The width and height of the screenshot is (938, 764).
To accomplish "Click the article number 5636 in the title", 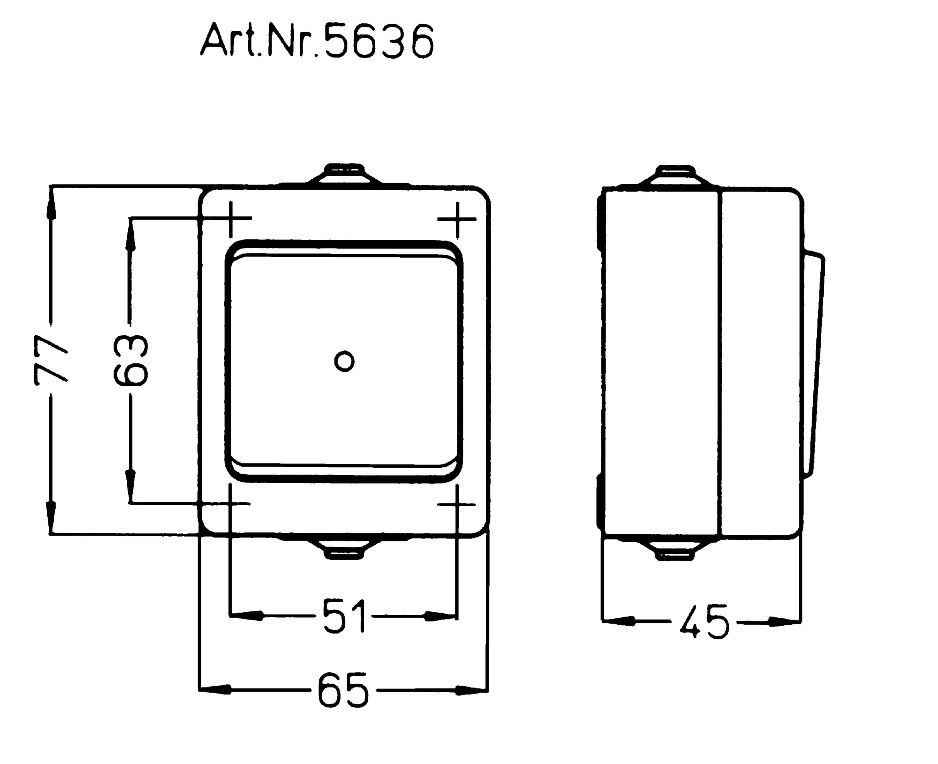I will (379, 41).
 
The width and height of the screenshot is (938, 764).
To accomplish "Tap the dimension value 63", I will (130, 360).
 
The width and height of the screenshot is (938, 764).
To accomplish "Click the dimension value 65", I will (343, 690).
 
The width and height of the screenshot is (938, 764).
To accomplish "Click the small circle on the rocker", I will (344, 361).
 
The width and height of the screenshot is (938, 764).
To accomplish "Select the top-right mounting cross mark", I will (457, 219).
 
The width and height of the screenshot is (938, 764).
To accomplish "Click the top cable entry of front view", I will (344, 174).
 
